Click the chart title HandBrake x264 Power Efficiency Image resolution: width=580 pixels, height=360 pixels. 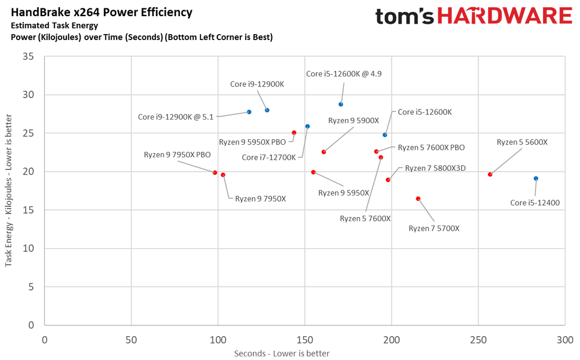(x=102, y=12)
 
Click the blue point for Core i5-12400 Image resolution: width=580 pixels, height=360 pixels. (x=536, y=178)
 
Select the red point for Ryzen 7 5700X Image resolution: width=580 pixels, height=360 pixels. (x=418, y=199)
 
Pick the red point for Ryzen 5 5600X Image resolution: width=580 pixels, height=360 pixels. (x=490, y=175)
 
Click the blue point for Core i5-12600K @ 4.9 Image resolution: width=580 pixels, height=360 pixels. (x=341, y=104)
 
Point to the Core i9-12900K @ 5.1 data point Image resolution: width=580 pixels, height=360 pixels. (x=249, y=112)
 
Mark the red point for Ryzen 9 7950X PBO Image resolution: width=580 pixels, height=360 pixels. (x=215, y=172)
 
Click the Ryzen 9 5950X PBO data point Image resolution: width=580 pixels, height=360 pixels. (x=294, y=133)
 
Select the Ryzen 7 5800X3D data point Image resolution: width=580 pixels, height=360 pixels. (x=388, y=179)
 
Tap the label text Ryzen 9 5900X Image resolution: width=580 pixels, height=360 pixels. (x=354, y=120)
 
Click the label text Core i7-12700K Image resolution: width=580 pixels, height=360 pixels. (x=268, y=157)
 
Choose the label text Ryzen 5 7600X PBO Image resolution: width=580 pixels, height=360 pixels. (x=431, y=147)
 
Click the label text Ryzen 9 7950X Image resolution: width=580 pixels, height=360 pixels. (x=260, y=199)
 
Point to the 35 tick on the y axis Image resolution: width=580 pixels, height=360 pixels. (x=29, y=57)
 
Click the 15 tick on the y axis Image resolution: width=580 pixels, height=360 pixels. (x=29, y=210)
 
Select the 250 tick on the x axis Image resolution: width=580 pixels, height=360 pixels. (x=478, y=340)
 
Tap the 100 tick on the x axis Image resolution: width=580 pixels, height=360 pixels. (x=218, y=340)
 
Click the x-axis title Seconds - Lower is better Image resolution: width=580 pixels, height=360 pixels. (x=282, y=353)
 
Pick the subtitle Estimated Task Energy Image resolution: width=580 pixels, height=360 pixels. (x=53, y=25)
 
